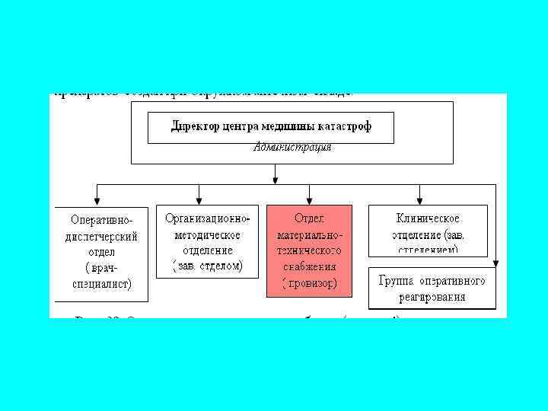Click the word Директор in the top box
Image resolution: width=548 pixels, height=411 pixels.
pos(194,126)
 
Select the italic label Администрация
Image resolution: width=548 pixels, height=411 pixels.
pos(292,148)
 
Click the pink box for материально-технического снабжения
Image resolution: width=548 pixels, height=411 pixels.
pos(309,250)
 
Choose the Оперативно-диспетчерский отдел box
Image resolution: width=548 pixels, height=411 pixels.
pos(100,253)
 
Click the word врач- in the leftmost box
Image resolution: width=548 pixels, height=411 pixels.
pos(100,268)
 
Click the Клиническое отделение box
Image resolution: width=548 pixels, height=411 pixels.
pos(428,230)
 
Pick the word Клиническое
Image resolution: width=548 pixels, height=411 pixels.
pos(428,218)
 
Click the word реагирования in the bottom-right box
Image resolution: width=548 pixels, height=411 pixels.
pos(432,295)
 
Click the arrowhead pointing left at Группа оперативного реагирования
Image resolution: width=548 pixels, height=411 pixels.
pos(495,263)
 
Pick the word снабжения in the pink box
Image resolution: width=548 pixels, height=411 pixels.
pos(310,268)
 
